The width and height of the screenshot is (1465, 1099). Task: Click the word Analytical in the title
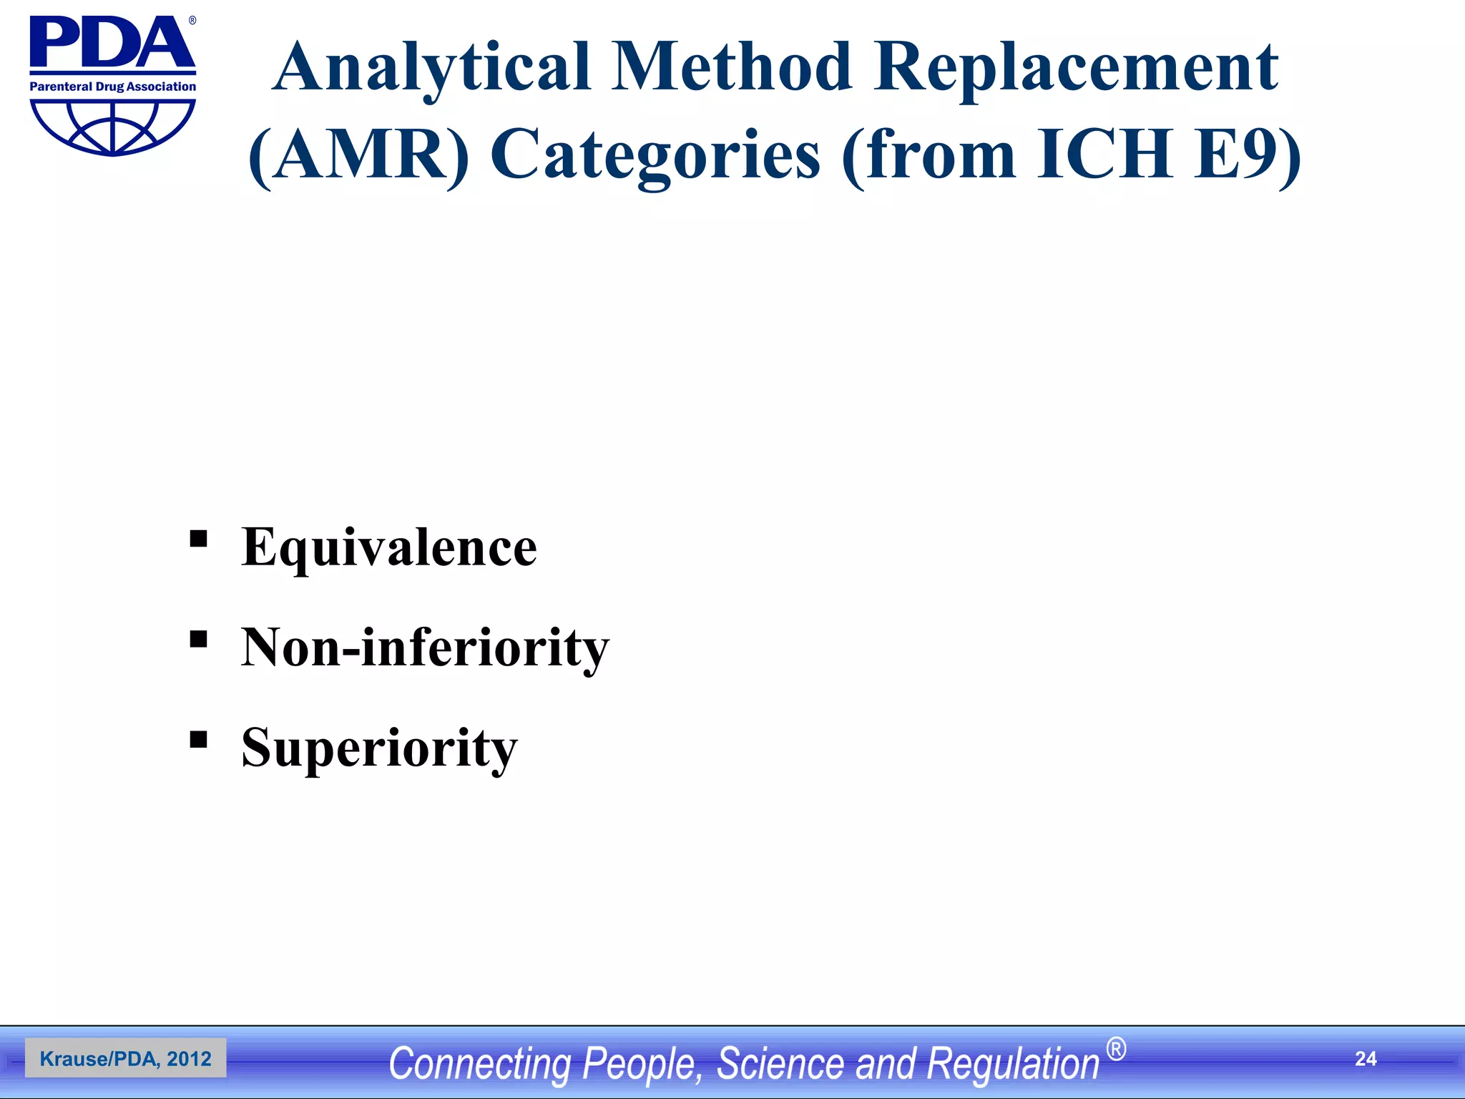coord(431,68)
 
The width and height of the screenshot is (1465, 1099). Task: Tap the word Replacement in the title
coord(1075,68)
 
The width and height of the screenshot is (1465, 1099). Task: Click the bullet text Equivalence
coord(388,547)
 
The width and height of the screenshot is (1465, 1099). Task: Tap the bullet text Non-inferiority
coord(425,648)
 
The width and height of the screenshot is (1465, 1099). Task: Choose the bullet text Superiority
coord(379,748)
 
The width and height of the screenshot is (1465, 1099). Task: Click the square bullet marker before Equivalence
coord(198,538)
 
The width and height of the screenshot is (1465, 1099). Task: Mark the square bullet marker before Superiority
coord(198,738)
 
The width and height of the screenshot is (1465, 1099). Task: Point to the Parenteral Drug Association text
coord(112,87)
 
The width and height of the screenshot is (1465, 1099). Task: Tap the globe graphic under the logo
coord(112,126)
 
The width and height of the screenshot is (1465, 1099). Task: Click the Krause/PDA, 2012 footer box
coord(125,1058)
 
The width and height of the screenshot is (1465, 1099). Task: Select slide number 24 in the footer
coord(1365,1059)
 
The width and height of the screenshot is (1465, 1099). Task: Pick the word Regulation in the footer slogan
coord(1012,1063)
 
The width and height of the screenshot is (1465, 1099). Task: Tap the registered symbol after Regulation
coord(1116,1049)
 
